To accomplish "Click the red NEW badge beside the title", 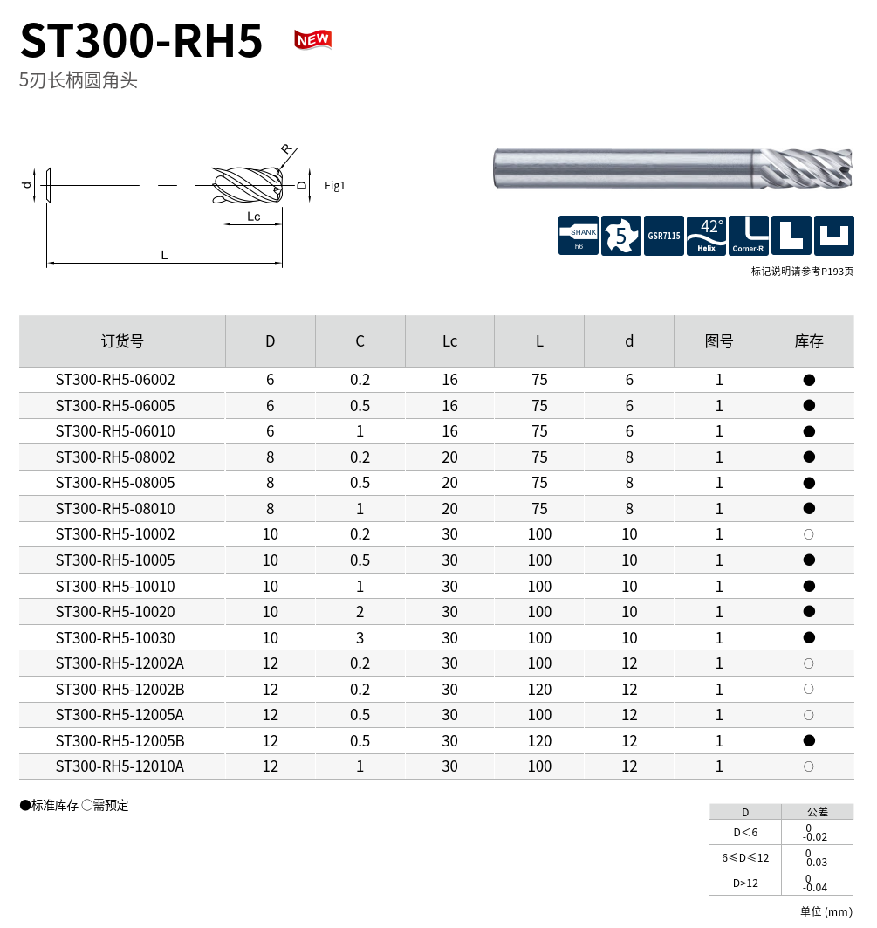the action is tap(312, 39).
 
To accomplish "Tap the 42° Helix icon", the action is tap(706, 236).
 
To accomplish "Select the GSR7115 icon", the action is tap(663, 236).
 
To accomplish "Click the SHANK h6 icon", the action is tap(579, 236).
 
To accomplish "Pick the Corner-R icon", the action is tap(749, 236).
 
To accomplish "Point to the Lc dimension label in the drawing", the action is tap(254, 217).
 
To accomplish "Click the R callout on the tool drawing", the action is tap(286, 148).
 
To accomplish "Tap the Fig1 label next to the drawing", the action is tap(334, 186).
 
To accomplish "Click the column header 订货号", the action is tap(122, 340).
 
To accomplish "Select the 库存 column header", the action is tap(808, 340).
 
